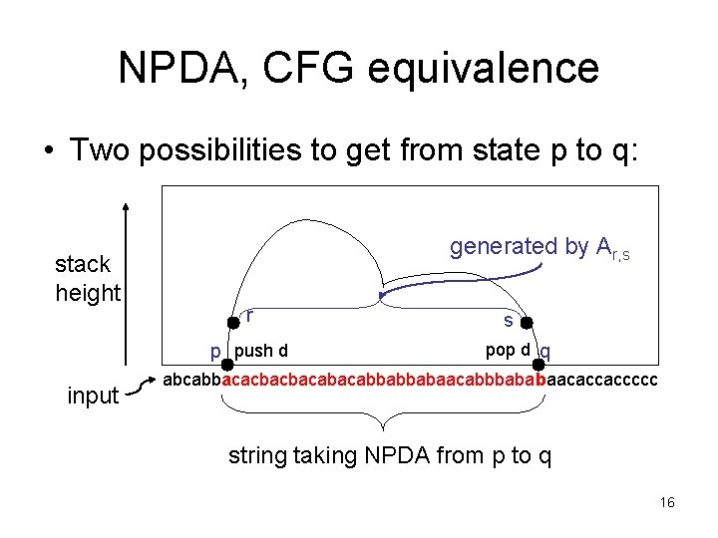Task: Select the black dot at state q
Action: [x=538, y=364]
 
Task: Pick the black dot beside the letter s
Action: [x=527, y=322]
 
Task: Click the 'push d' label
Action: [x=262, y=351]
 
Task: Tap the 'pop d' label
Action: [x=507, y=350]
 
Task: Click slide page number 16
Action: [x=667, y=502]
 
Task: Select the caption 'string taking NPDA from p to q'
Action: [x=390, y=455]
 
